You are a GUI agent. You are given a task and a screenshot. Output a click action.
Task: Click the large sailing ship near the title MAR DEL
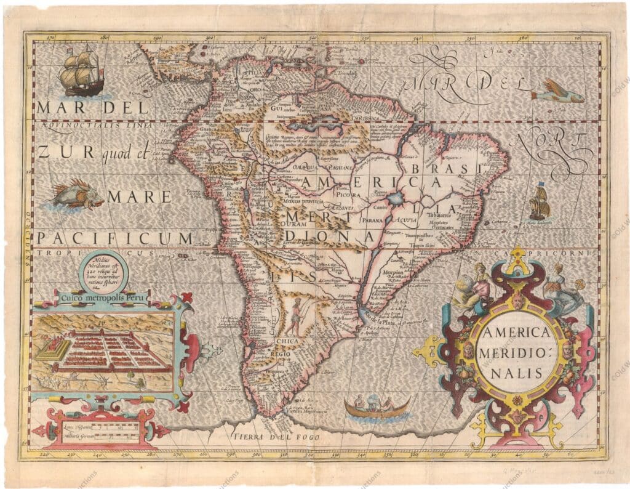click(81, 73)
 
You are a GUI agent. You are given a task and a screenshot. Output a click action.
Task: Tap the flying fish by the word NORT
click(557, 95)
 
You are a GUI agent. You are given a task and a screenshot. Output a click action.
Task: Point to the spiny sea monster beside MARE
click(74, 195)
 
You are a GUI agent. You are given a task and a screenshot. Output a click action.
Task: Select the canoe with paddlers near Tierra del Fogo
click(377, 407)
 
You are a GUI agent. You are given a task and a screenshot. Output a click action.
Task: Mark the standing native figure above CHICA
click(297, 317)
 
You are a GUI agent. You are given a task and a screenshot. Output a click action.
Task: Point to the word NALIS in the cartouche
click(516, 372)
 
